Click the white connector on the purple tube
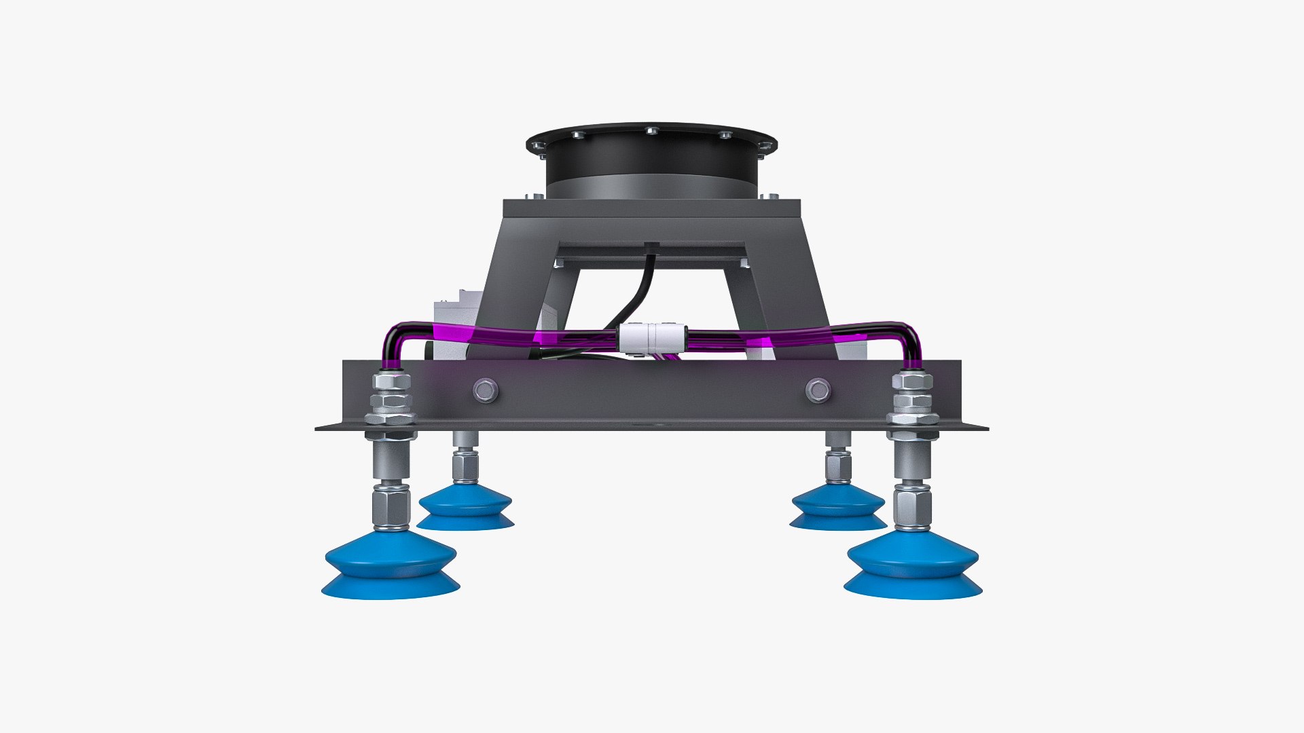coord(649,337)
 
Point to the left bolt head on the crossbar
coord(485,390)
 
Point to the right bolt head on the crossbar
coord(818,390)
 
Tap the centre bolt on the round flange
coord(651,130)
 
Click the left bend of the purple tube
coord(397,339)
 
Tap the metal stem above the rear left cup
coord(465,462)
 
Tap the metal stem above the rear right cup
coord(838,462)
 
